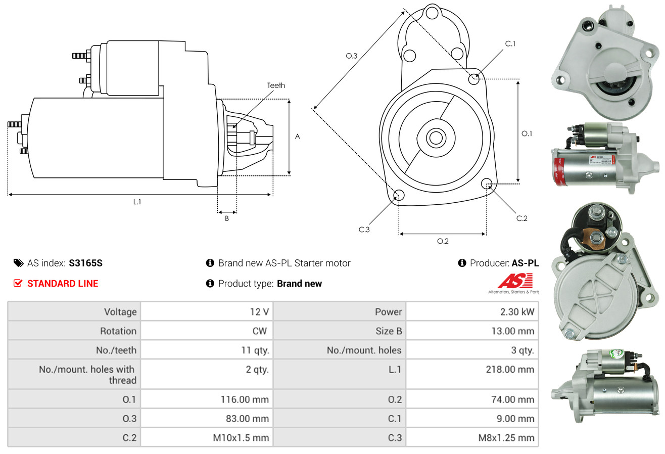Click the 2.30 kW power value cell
(517, 312)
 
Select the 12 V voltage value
(259, 312)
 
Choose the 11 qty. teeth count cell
(255, 350)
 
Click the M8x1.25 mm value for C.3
(506, 437)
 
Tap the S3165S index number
(86, 263)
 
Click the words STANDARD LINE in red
(63, 284)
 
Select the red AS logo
(514, 281)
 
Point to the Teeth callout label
(276, 85)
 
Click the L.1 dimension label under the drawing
(137, 202)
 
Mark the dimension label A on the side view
(297, 137)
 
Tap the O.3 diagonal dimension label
(351, 56)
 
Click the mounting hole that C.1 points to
(474, 79)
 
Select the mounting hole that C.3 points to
(399, 195)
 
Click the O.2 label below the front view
(443, 241)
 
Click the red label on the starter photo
(560, 171)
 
